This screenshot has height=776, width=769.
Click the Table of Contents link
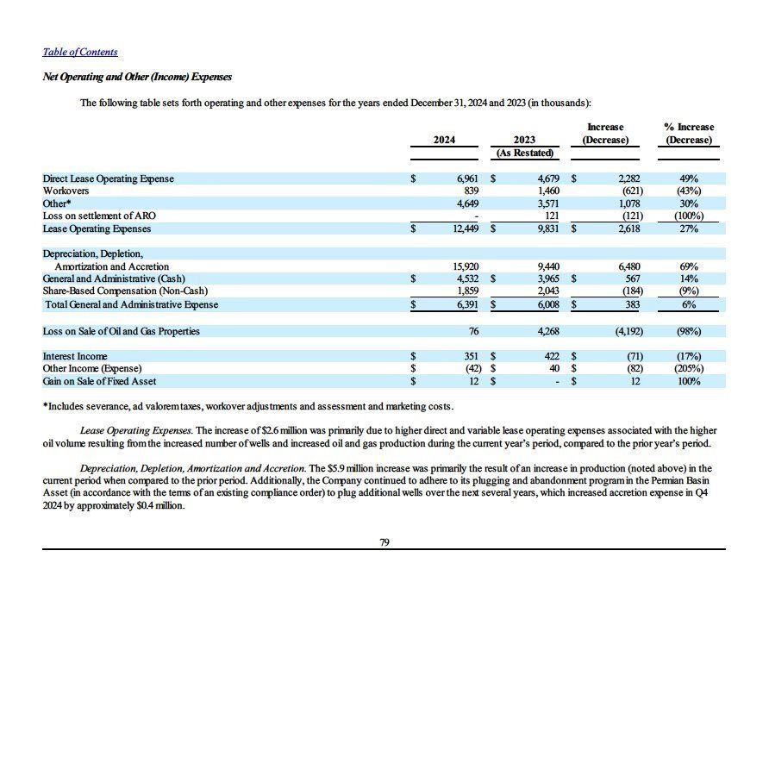[x=80, y=52]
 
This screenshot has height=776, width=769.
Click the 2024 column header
[x=444, y=140]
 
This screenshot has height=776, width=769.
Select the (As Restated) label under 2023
[x=524, y=153]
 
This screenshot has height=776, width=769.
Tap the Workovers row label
[x=66, y=191]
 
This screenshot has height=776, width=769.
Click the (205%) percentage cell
[x=689, y=368]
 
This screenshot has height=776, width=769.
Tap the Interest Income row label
[x=75, y=356]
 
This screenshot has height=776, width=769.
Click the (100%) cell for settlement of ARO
[x=689, y=216]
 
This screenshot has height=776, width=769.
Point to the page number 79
[x=384, y=542]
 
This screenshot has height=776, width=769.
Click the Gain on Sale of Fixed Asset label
[x=100, y=381]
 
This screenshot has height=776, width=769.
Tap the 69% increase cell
[x=689, y=266]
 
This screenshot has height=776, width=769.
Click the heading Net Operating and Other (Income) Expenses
[x=137, y=77]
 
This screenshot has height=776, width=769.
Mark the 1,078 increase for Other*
[x=626, y=203]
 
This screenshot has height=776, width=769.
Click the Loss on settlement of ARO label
[x=99, y=216]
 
